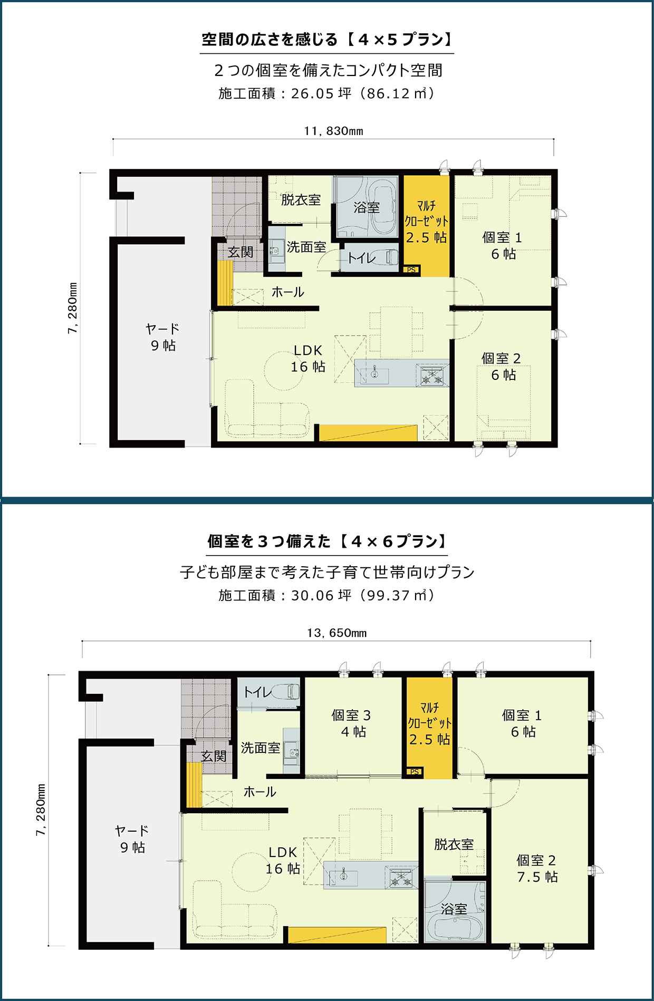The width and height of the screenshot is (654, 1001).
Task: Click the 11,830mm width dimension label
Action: (333, 131)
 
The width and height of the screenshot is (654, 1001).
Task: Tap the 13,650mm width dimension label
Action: (336, 633)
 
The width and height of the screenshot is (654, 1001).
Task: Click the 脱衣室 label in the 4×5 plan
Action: (301, 200)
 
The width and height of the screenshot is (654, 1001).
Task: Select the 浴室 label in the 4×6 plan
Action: (454, 909)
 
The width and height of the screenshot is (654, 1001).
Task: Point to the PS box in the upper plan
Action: (411, 270)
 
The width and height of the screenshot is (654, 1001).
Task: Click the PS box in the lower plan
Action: (415, 772)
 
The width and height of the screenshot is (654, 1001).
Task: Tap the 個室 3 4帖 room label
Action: (352, 723)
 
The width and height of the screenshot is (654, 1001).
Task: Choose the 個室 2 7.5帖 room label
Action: (537, 869)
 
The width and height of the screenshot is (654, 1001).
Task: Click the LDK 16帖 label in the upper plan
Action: (308, 358)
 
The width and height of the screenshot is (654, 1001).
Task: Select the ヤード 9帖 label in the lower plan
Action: (132, 839)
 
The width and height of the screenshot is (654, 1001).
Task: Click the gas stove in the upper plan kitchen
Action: (432, 376)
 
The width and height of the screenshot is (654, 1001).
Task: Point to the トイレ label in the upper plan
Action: (362, 258)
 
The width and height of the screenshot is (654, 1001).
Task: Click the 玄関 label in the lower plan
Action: (214, 756)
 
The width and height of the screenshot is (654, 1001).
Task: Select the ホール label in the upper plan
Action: (287, 292)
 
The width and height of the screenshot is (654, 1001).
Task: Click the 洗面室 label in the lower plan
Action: (261, 748)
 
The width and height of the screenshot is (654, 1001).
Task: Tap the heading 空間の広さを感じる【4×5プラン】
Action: (327, 40)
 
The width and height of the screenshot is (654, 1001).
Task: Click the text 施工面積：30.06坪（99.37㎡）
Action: (327, 595)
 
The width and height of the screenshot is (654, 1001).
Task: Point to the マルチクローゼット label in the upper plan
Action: (426, 213)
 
